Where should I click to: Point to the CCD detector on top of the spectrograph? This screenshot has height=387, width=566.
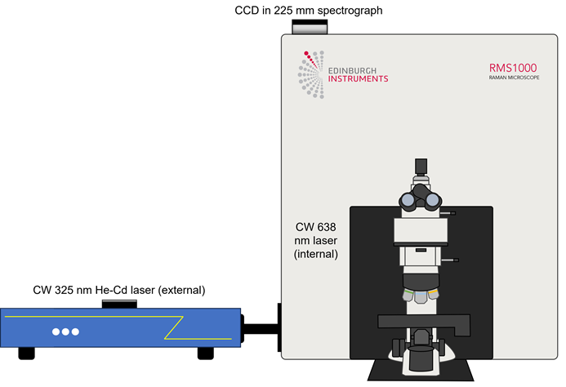point(308,27)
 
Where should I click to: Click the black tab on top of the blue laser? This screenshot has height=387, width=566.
point(119,304)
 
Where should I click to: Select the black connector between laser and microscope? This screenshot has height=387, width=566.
point(261,330)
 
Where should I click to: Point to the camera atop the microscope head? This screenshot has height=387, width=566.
point(421,167)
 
